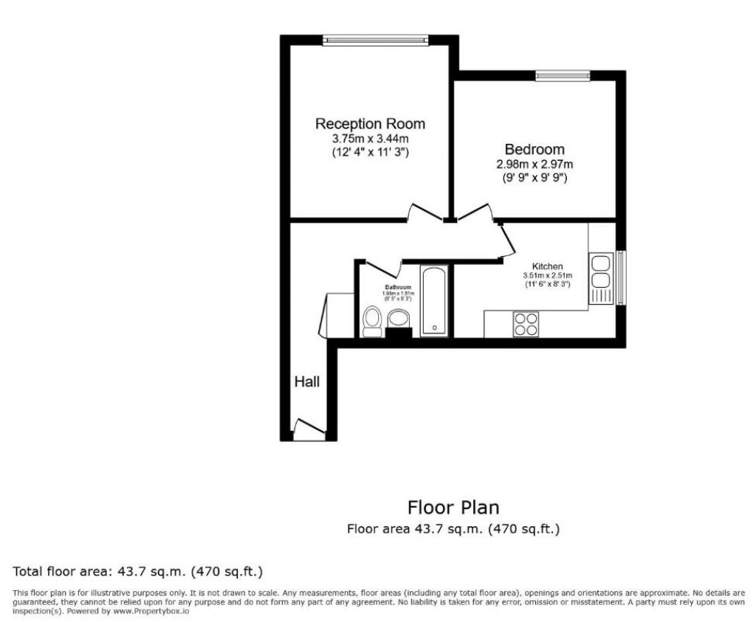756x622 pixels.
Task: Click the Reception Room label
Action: click(370, 123)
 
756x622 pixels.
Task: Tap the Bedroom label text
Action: click(535, 149)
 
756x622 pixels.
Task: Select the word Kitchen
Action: click(548, 266)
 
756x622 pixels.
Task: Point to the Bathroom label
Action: click(397, 287)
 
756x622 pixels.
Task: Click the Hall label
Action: click(307, 381)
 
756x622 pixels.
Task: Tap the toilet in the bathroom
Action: click(373, 321)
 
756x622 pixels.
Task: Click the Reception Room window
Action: click(376, 41)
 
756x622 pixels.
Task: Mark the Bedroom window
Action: click(563, 75)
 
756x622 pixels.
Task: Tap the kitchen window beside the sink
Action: click(620, 277)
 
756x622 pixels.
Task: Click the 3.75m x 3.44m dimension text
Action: click(370, 138)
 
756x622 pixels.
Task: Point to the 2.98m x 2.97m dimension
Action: click(535, 164)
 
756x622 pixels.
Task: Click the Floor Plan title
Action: click(453, 508)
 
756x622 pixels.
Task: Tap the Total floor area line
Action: click(138, 572)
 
